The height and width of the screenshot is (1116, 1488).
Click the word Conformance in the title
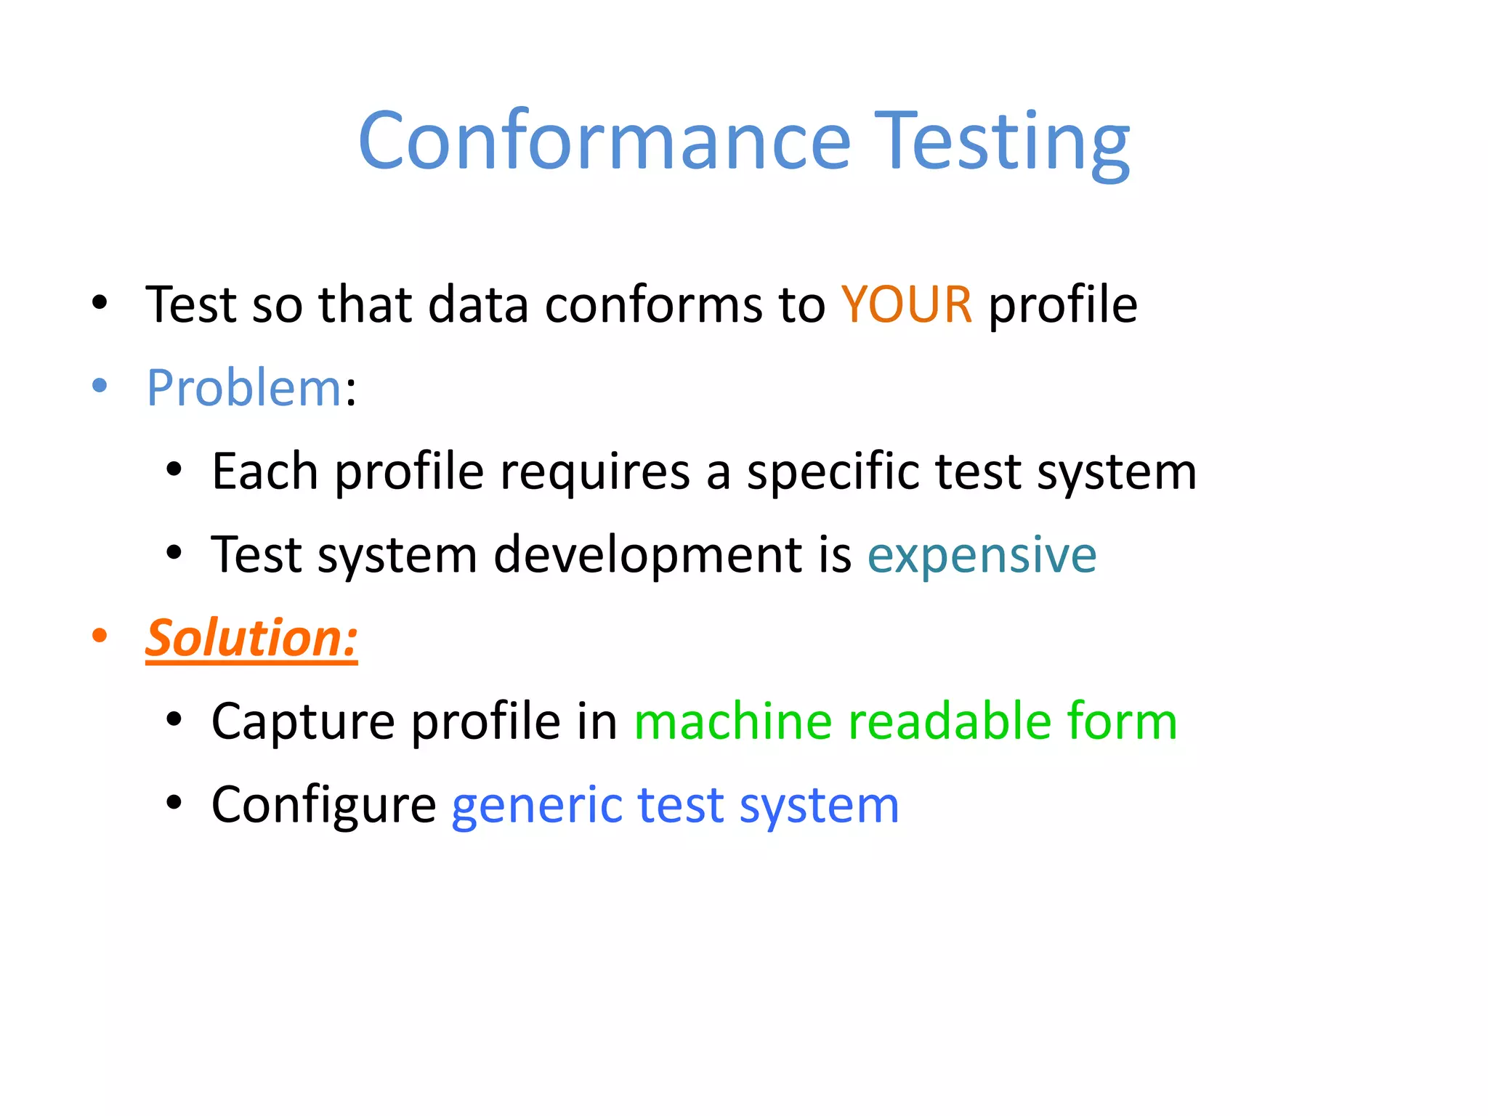[x=604, y=142]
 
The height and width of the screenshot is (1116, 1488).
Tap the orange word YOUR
[x=906, y=304]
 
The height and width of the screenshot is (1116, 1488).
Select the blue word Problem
[x=243, y=388]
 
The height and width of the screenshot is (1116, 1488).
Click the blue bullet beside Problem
[x=100, y=386]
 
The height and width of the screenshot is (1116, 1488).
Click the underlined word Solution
[x=251, y=638]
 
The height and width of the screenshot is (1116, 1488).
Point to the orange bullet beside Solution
[x=100, y=636]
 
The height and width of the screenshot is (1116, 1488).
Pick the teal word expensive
[x=982, y=556]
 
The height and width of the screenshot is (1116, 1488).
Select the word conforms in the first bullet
[x=654, y=304]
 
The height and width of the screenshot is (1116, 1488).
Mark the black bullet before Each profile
[x=173, y=469]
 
